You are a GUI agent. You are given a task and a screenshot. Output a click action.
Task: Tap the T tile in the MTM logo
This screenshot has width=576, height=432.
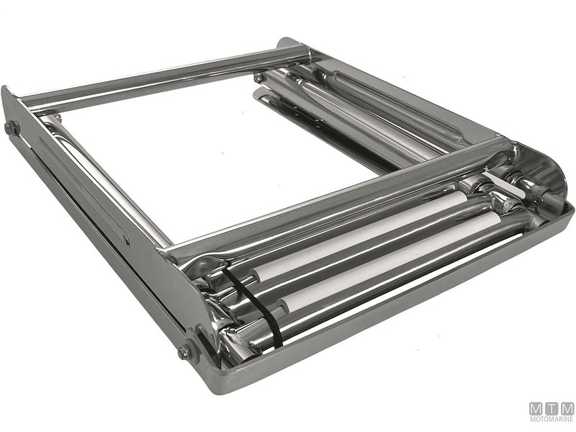[x=552, y=408]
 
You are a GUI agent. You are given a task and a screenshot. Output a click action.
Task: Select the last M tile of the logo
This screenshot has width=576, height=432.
[x=567, y=408]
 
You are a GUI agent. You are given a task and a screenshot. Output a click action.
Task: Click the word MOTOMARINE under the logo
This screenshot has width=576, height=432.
[x=552, y=420]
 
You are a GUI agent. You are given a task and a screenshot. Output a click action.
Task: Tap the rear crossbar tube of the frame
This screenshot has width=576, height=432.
[x=158, y=76]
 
